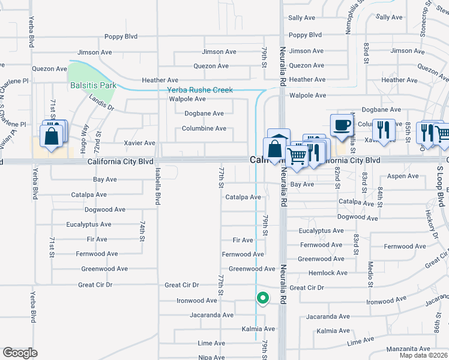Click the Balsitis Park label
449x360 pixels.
(93, 85)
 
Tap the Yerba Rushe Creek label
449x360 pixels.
(199, 90)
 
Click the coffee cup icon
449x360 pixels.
(342, 125)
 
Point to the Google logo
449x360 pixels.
(20, 353)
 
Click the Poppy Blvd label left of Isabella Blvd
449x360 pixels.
(121, 37)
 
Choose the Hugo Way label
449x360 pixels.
(85, 136)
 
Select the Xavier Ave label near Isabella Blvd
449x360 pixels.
(139, 143)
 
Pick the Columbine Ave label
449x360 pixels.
(204, 128)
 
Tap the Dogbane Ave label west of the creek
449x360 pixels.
(204, 113)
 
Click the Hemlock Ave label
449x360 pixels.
(327, 273)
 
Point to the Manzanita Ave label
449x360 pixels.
(408, 349)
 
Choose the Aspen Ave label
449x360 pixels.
(403, 176)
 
